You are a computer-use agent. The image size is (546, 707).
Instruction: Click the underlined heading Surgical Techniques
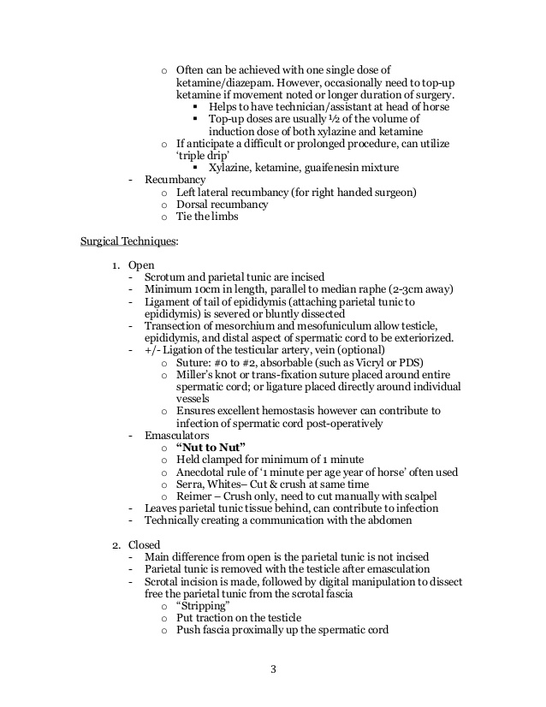point(128,242)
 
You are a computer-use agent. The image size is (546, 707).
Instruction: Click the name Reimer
point(195,496)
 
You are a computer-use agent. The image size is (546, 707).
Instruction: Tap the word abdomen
point(391,520)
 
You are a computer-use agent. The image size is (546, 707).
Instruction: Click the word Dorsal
point(193,205)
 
